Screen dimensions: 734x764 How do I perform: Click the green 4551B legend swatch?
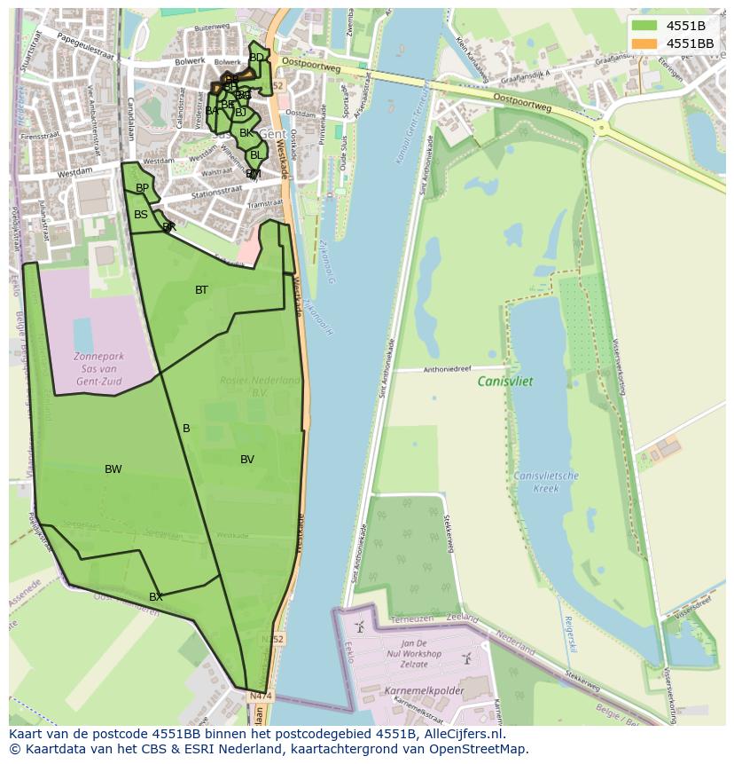(644, 26)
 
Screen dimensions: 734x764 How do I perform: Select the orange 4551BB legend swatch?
(644, 43)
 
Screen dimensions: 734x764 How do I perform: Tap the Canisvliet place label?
(505, 381)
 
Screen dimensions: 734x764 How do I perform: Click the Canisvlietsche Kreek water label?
(546, 482)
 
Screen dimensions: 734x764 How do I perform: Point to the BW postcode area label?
(113, 469)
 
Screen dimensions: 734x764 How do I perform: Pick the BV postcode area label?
(247, 460)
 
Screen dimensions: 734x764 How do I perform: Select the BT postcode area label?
(201, 290)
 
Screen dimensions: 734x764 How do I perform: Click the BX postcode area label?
(155, 597)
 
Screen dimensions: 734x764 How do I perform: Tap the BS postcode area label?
(141, 215)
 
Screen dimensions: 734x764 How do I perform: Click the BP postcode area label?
(142, 188)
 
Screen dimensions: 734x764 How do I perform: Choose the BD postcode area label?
(256, 58)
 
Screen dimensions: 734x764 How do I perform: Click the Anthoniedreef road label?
(449, 368)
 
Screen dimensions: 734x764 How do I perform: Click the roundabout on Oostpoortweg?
(602, 128)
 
